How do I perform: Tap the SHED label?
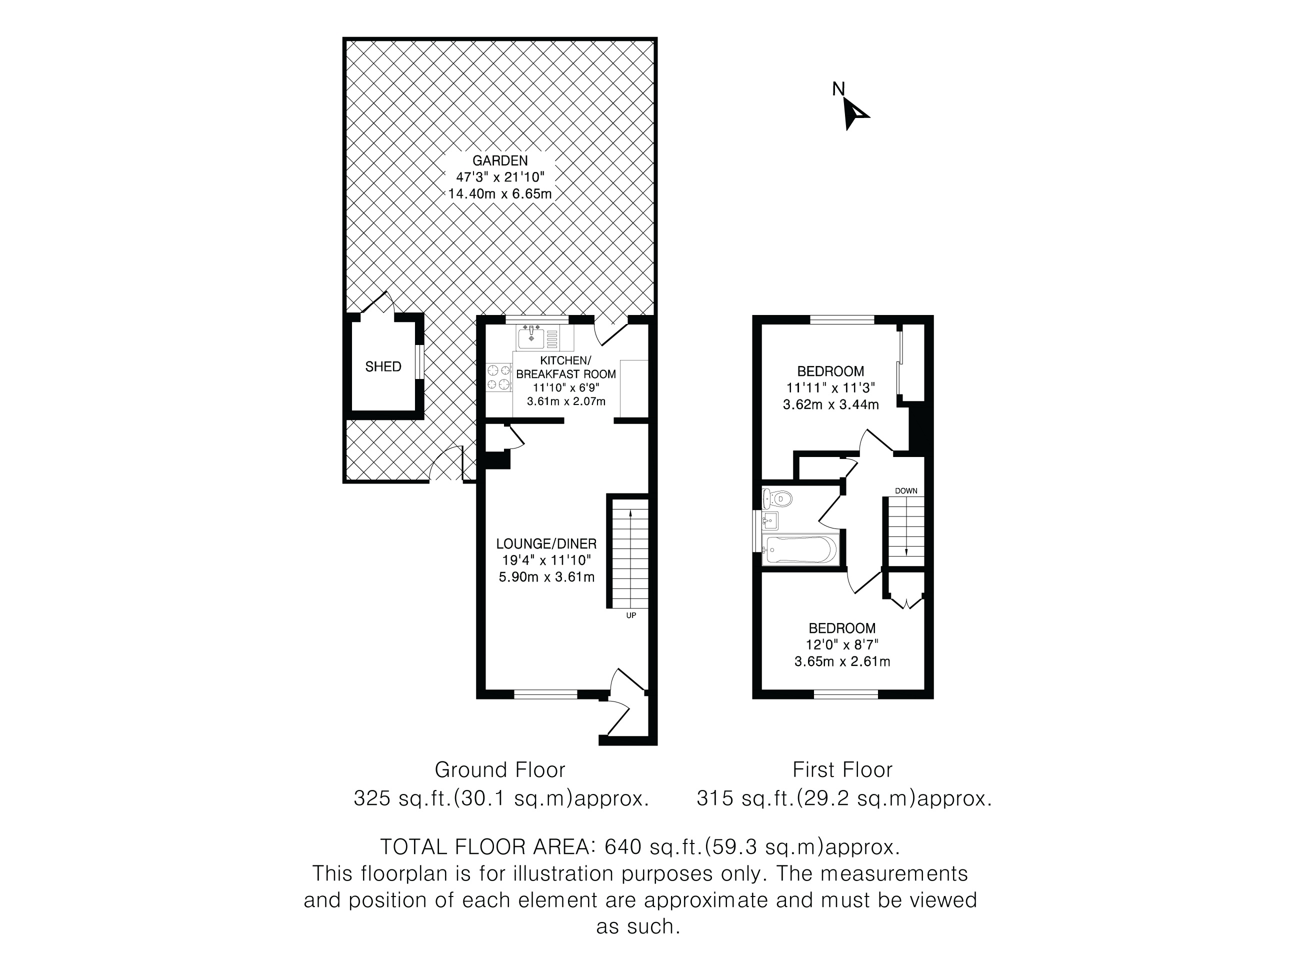(383, 367)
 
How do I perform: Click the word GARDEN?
(500, 160)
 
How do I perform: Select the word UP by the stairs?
(631, 616)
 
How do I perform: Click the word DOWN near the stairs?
(906, 491)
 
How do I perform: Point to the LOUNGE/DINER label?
(546, 543)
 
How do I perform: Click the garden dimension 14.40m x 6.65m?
(500, 194)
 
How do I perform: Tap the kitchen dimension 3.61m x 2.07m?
(566, 401)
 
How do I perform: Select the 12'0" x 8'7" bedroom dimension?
(842, 645)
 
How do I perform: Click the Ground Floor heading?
(500, 769)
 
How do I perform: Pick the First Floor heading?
(842, 769)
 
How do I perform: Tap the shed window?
(419, 361)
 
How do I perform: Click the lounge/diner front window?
(545, 695)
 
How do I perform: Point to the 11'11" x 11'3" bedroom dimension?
(831, 388)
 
